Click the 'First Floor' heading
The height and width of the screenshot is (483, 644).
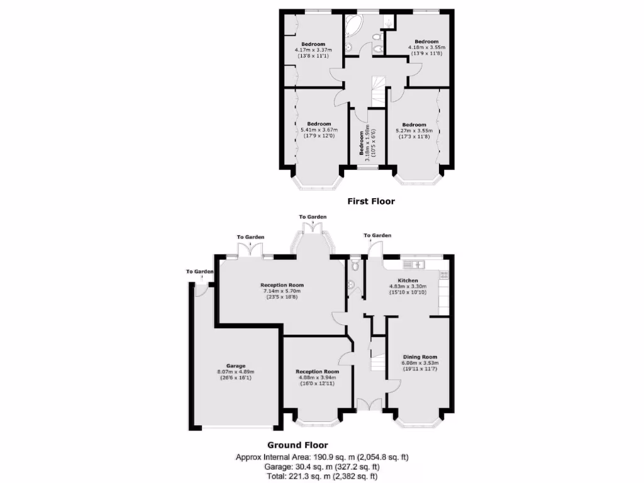(x=371, y=201)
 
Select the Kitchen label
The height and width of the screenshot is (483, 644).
(x=408, y=280)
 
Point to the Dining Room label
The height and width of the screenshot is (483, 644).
(x=419, y=357)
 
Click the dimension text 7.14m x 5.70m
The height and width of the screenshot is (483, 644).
(x=282, y=291)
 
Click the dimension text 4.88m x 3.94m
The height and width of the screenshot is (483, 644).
(x=317, y=377)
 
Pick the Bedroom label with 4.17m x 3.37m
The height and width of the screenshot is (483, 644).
(x=314, y=44)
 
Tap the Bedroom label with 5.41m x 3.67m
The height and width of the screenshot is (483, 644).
(x=319, y=123)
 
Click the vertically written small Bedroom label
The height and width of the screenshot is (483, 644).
(x=362, y=143)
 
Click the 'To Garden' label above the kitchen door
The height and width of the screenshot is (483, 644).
(x=377, y=235)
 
